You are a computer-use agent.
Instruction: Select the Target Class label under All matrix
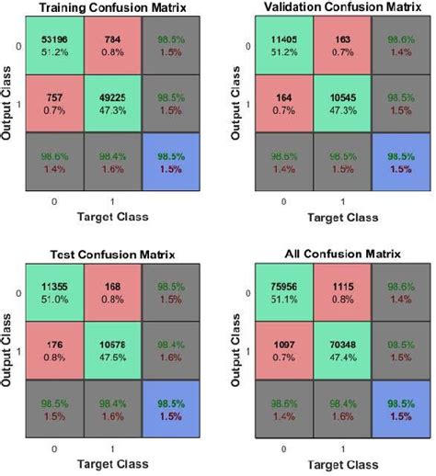(x=339, y=468)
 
